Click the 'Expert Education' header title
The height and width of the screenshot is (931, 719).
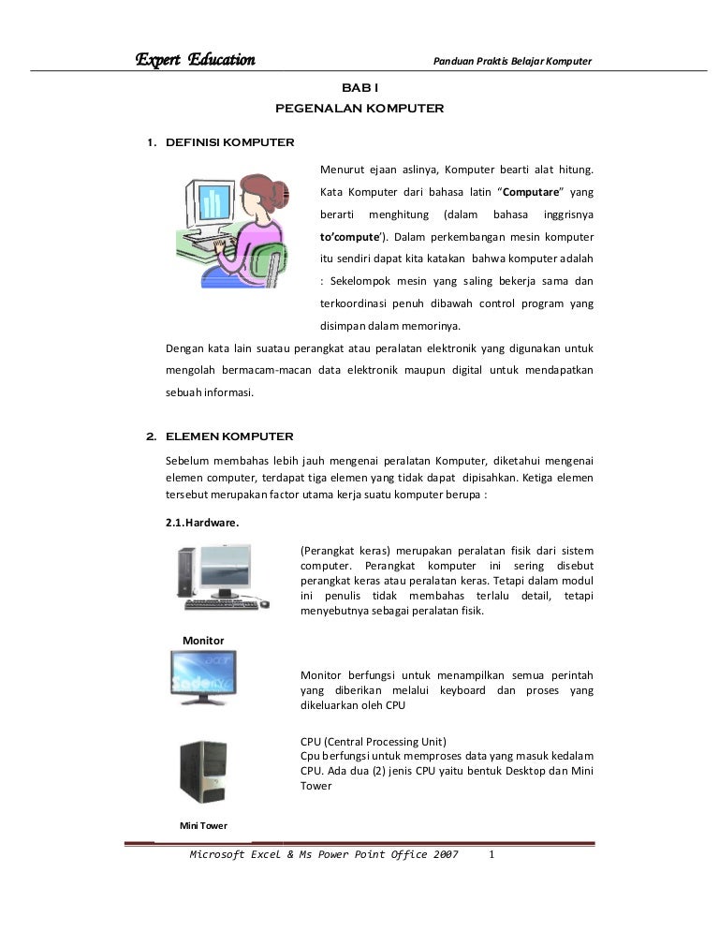[195, 61]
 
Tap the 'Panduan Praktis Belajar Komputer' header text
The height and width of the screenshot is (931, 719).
[511, 62]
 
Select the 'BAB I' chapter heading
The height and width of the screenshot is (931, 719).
[359, 87]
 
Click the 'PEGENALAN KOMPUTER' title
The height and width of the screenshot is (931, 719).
[359, 109]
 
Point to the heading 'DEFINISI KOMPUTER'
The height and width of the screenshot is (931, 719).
[229, 143]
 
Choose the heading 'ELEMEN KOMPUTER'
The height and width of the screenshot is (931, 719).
[229, 436]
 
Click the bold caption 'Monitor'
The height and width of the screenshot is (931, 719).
[202, 639]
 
